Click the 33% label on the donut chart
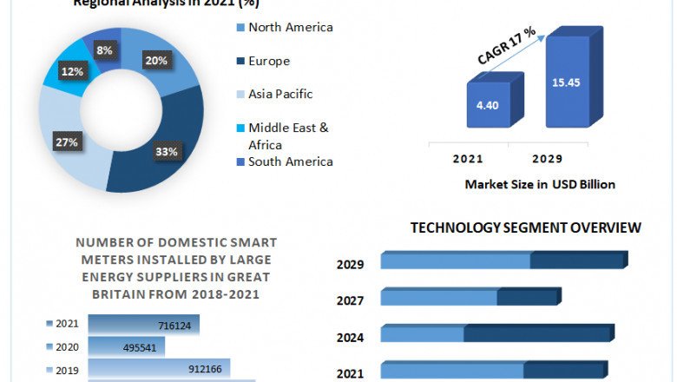[x=167, y=152]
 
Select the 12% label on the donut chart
[x=71, y=71]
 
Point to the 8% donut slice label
[x=103, y=51]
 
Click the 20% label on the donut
[x=157, y=61]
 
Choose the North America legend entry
[x=290, y=27]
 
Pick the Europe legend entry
[x=269, y=61]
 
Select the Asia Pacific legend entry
[x=280, y=94]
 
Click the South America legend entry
[x=290, y=161]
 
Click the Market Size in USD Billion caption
[x=540, y=184]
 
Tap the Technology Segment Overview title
[x=526, y=227]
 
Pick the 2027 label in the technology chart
[x=351, y=300]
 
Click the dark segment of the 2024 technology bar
[x=538, y=333]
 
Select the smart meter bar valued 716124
[x=143, y=324]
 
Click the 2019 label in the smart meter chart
[x=67, y=371]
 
